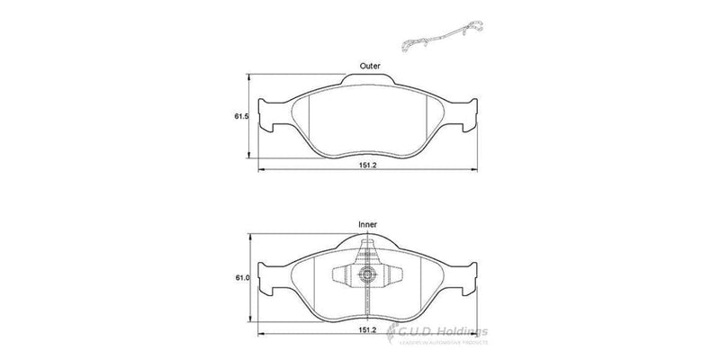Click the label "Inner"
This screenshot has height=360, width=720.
(367, 224)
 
